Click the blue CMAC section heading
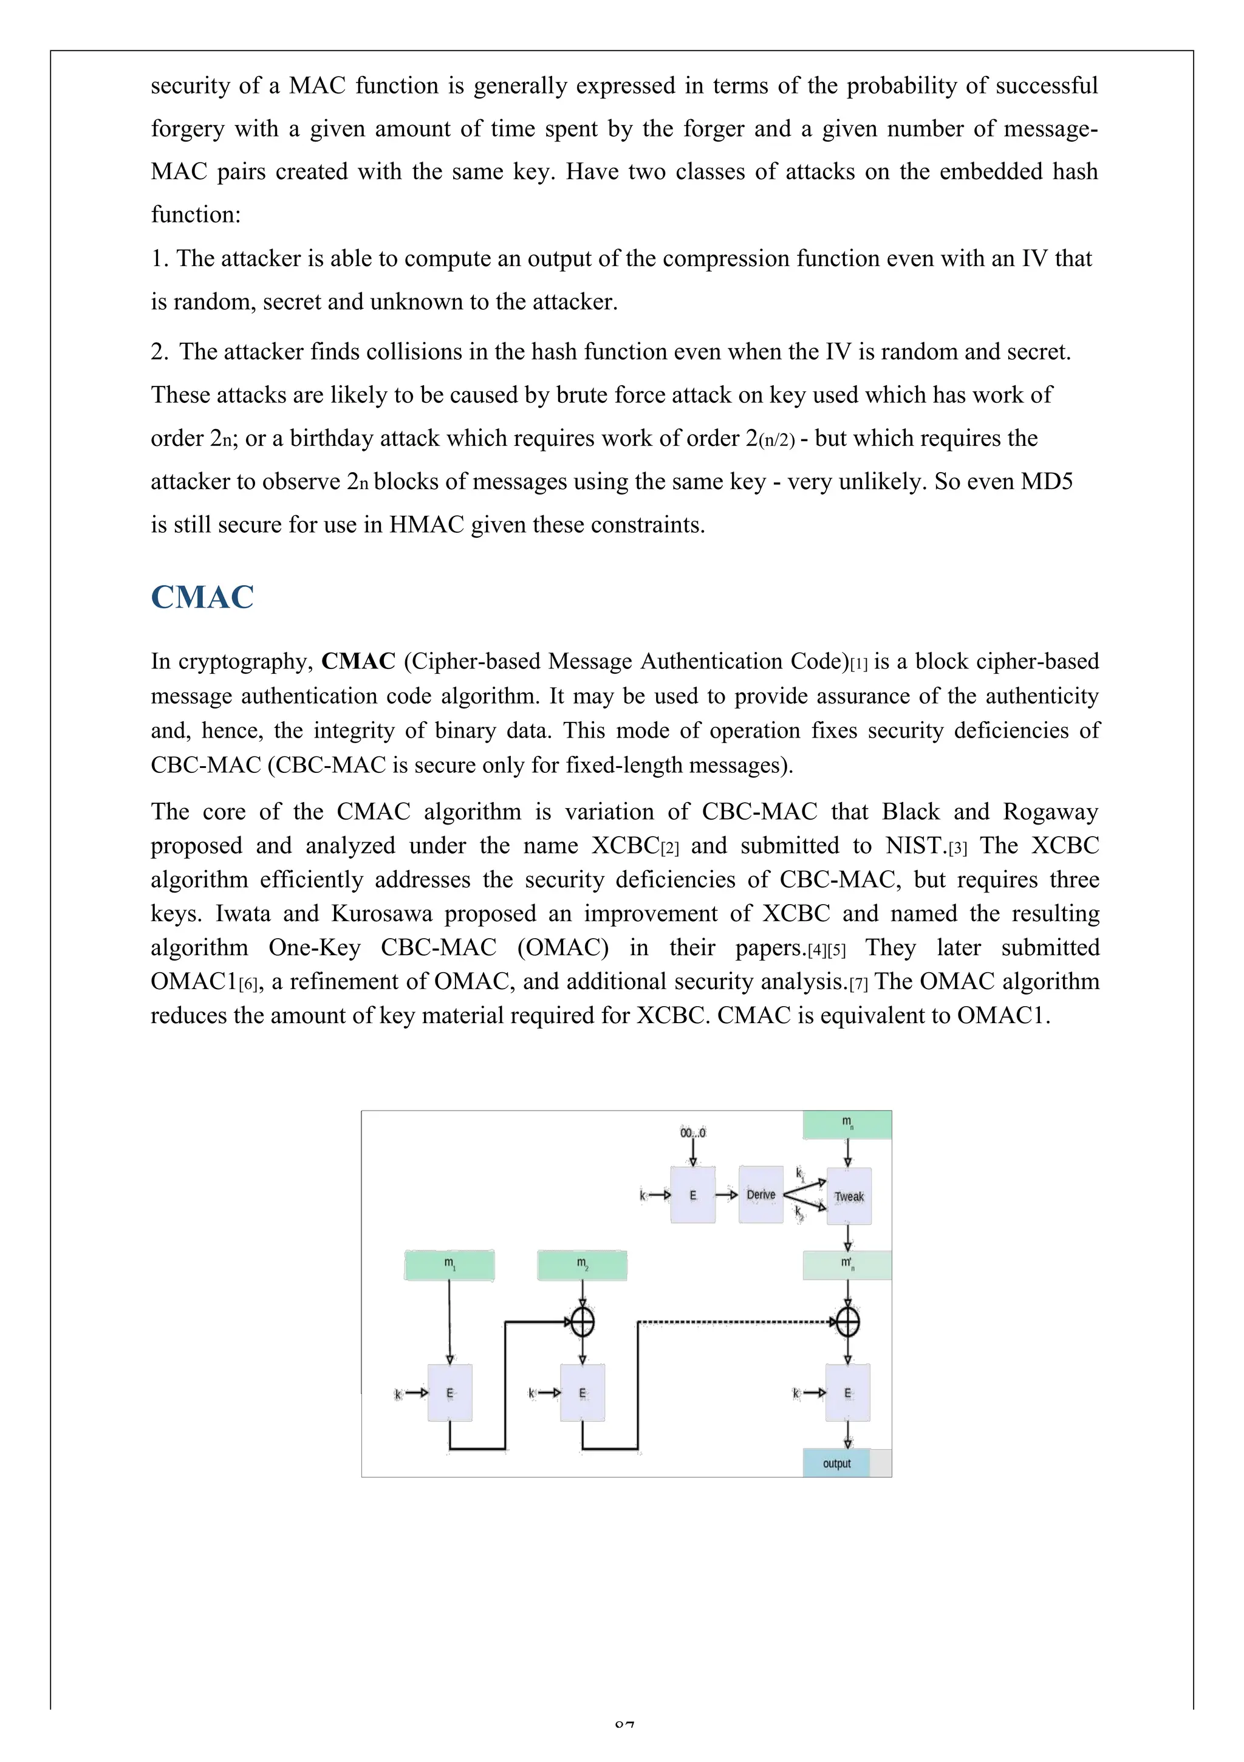pyautogui.click(x=202, y=597)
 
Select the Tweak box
pyautogui.click(x=848, y=1196)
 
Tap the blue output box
pyautogui.click(x=836, y=1462)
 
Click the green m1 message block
pyautogui.click(x=449, y=1265)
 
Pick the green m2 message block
pyautogui.click(x=582, y=1265)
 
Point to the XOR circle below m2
pyautogui.click(x=583, y=1321)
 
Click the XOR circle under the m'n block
pyautogui.click(x=847, y=1321)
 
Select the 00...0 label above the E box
pyautogui.click(x=692, y=1133)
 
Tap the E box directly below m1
pyautogui.click(x=449, y=1393)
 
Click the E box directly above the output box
pyautogui.click(x=847, y=1393)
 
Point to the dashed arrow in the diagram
pyautogui.click(x=737, y=1321)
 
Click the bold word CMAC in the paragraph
pyautogui.click(x=358, y=661)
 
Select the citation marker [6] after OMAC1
pyautogui.click(x=248, y=983)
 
